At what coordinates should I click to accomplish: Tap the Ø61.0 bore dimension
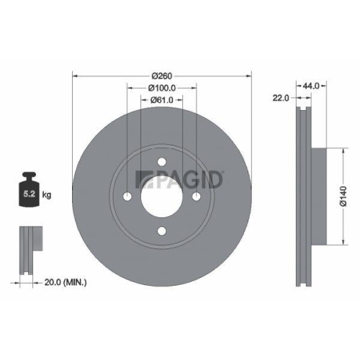pos(162,100)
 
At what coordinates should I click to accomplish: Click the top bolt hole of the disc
pos(162,163)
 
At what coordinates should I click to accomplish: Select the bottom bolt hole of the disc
pos(162,231)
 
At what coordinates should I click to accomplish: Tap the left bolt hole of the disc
pos(128,197)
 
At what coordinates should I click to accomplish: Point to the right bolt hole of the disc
pos(196,197)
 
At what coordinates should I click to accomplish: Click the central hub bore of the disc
pos(162,197)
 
